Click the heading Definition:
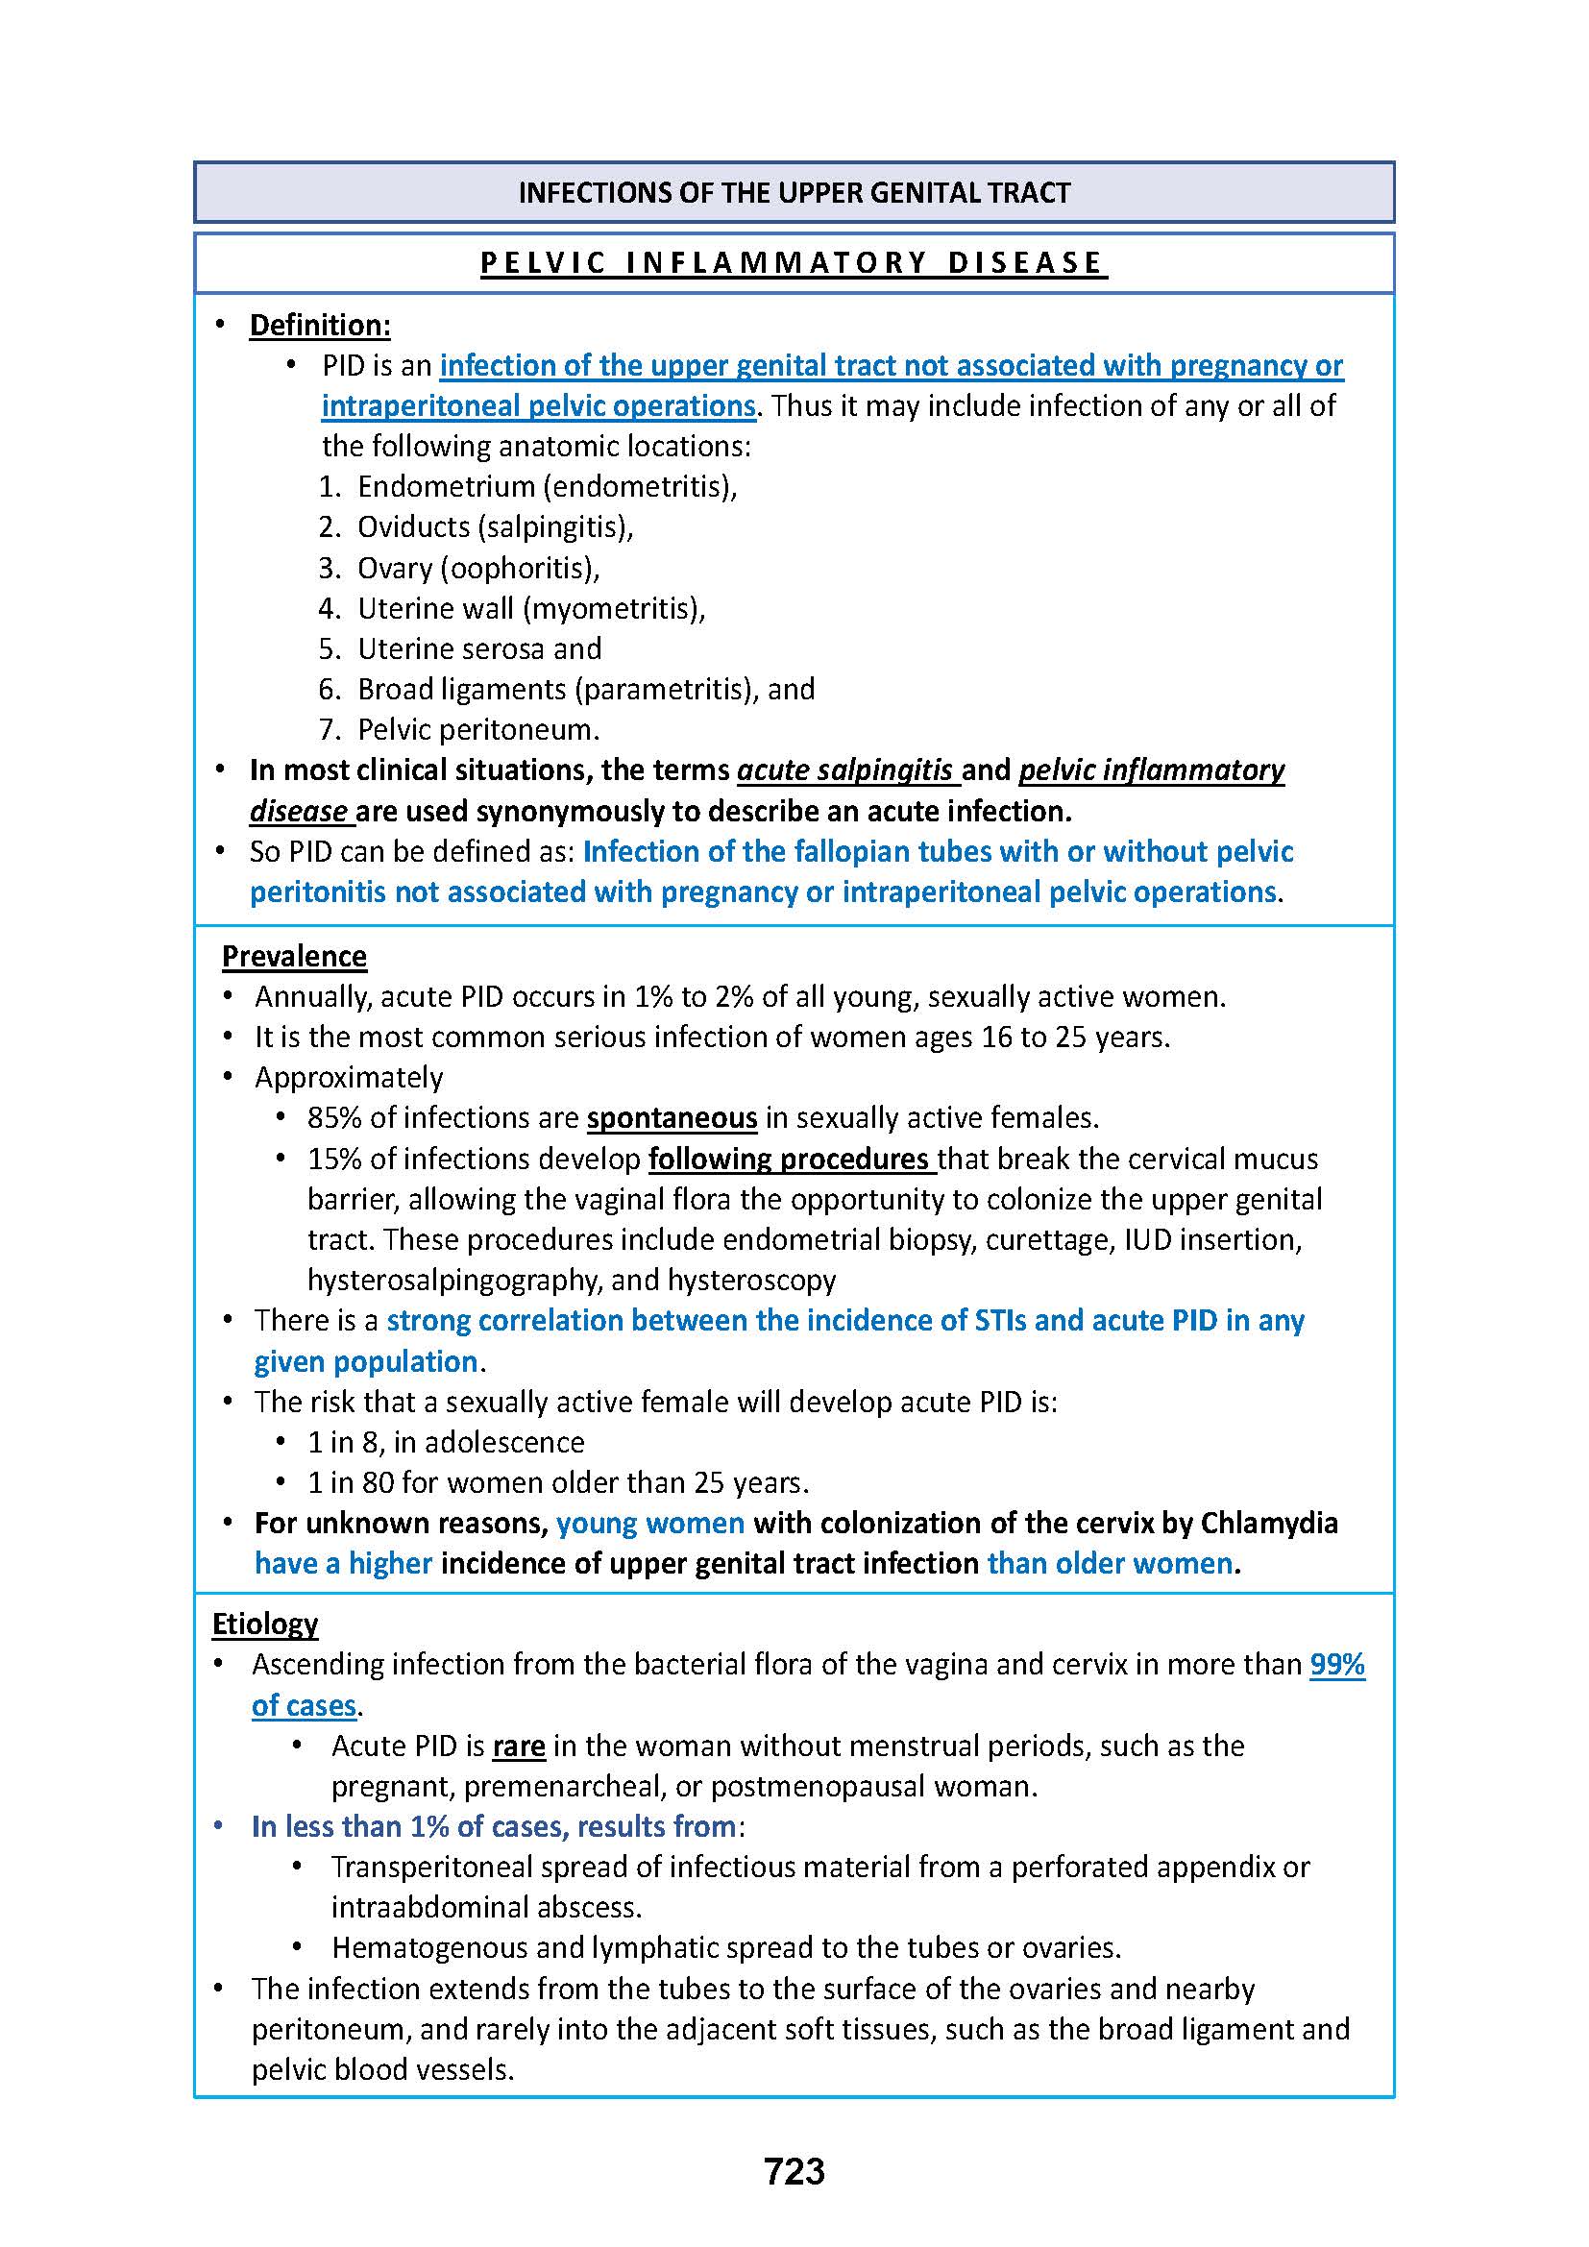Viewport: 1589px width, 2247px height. tap(319, 325)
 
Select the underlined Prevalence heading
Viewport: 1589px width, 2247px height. tap(294, 956)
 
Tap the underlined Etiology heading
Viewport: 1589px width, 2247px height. tap(264, 1624)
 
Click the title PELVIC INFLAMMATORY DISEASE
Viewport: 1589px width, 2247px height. tap(793, 263)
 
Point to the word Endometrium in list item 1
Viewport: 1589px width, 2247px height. tap(445, 486)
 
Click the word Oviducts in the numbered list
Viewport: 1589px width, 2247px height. tap(414, 526)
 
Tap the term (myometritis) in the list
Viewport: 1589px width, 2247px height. tap(614, 609)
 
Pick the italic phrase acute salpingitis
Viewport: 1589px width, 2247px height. tap(845, 770)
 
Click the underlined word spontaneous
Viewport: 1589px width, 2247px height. tap(672, 1117)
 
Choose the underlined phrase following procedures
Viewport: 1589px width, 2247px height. tap(789, 1159)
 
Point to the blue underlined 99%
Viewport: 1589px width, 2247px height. tap(1336, 1665)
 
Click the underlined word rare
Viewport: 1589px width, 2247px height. tap(519, 1746)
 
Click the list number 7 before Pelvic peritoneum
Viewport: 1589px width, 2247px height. tap(328, 730)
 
